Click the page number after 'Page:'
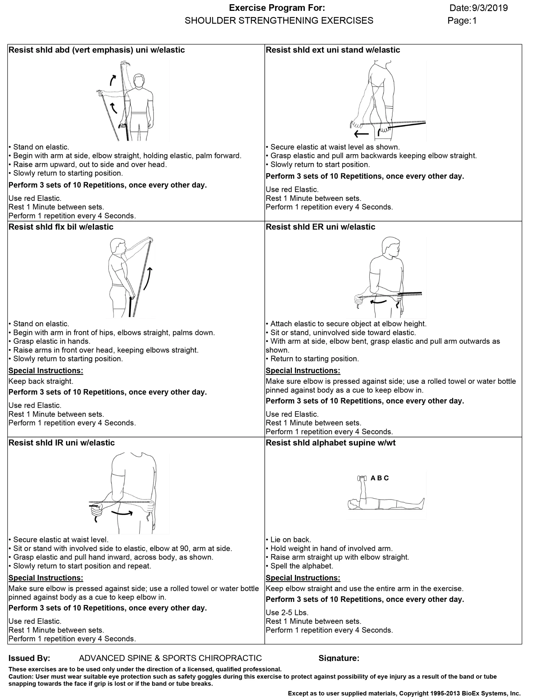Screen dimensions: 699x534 474,21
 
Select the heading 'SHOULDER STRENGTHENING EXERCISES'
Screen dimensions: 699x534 279,21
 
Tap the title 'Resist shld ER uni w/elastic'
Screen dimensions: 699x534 320,227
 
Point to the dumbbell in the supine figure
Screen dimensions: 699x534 362,478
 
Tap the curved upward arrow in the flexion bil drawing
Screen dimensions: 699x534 148,278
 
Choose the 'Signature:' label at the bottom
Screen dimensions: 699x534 339,658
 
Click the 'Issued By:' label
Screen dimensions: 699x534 29,658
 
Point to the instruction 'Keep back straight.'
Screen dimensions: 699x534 41,381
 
